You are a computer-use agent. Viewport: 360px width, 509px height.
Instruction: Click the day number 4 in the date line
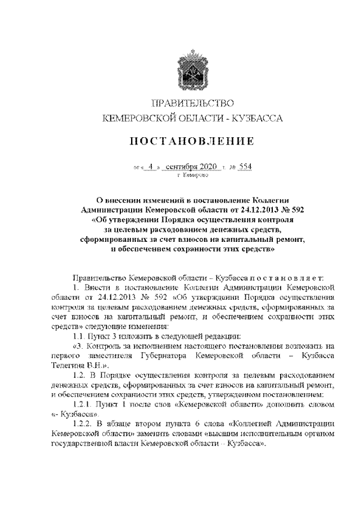pos(151,166)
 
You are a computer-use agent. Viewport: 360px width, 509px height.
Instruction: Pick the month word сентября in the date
pos(186,166)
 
